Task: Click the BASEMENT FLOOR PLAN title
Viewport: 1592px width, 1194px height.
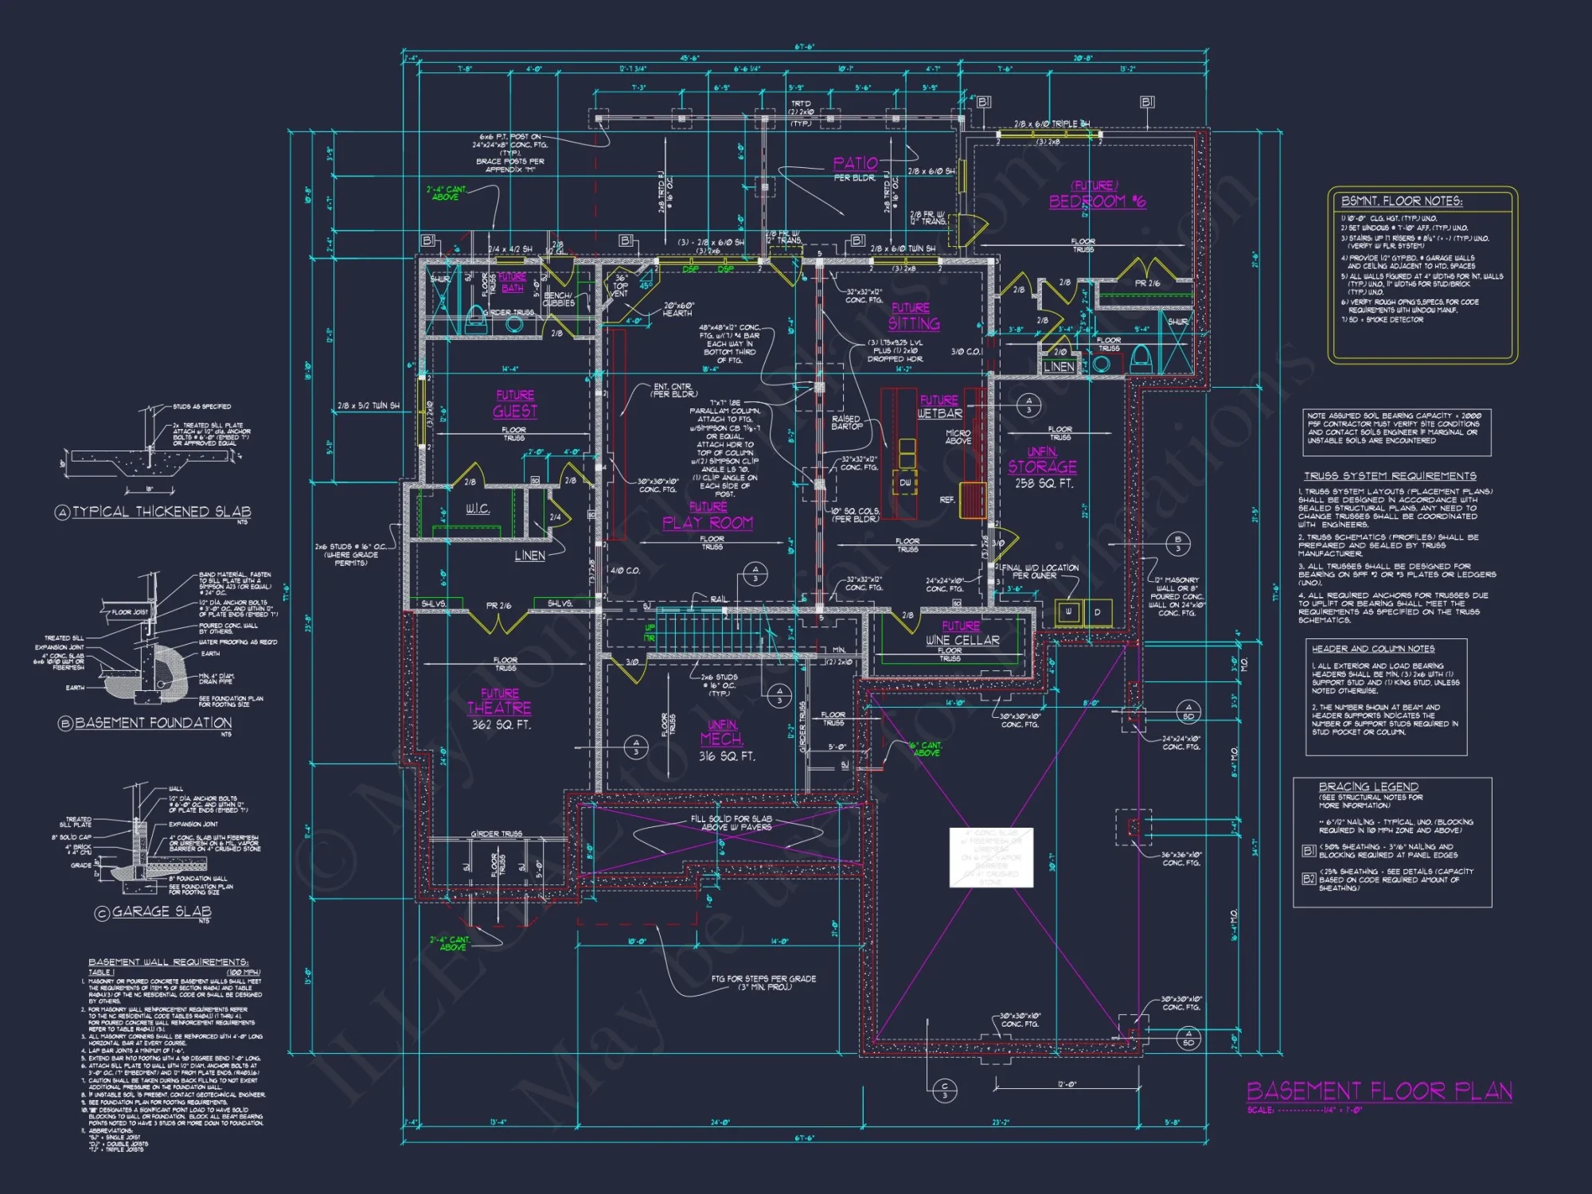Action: coord(1379,1091)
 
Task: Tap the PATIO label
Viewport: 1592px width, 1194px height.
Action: coord(855,164)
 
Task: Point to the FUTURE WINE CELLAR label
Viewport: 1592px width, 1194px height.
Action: coord(962,634)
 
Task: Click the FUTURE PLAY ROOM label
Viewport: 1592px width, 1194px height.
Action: coord(708,517)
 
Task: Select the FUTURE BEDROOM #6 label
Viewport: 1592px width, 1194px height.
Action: coord(1096,196)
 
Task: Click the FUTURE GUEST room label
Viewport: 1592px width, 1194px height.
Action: coord(515,404)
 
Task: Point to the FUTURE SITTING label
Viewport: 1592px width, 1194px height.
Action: coord(913,317)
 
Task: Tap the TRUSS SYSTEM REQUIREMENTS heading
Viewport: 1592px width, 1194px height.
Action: coord(1390,476)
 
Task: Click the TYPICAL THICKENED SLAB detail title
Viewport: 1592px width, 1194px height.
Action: coord(161,512)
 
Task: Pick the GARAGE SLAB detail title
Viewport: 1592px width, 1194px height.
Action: coord(162,911)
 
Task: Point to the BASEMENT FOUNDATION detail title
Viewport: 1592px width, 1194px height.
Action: coord(153,723)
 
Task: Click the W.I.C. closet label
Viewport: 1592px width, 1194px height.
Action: coord(478,509)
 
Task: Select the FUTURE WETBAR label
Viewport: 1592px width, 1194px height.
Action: coord(939,408)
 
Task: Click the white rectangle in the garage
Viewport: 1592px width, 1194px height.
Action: coord(991,857)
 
